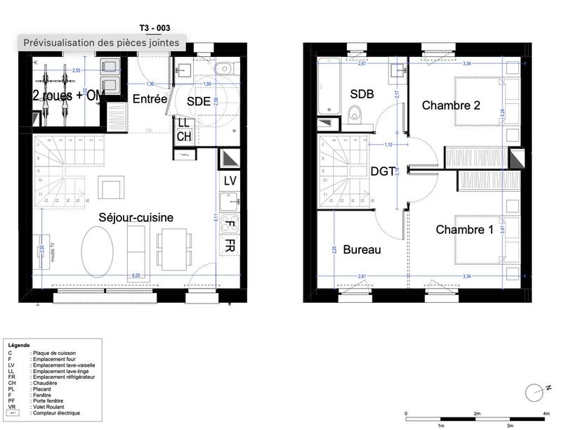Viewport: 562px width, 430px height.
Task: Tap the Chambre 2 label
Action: [x=451, y=105]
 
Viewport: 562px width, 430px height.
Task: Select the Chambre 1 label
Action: [x=464, y=230]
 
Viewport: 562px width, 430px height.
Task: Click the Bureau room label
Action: [x=362, y=249]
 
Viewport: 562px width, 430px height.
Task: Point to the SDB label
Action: [x=362, y=94]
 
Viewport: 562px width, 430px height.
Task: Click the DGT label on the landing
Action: [x=384, y=171]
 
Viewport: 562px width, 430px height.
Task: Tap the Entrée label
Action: [x=150, y=99]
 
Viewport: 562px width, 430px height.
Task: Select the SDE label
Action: [x=199, y=100]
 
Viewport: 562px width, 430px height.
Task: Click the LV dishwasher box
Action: [x=230, y=181]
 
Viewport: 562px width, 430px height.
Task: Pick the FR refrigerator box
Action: [x=230, y=245]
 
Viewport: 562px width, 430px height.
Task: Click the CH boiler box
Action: [x=183, y=136]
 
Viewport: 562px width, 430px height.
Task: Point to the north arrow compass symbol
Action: [x=532, y=390]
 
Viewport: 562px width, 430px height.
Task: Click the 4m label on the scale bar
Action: [x=546, y=413]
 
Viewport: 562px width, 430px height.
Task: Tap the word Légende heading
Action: [x=19, y=346]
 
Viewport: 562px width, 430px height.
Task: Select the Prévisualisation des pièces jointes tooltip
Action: [x=101, y=43]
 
